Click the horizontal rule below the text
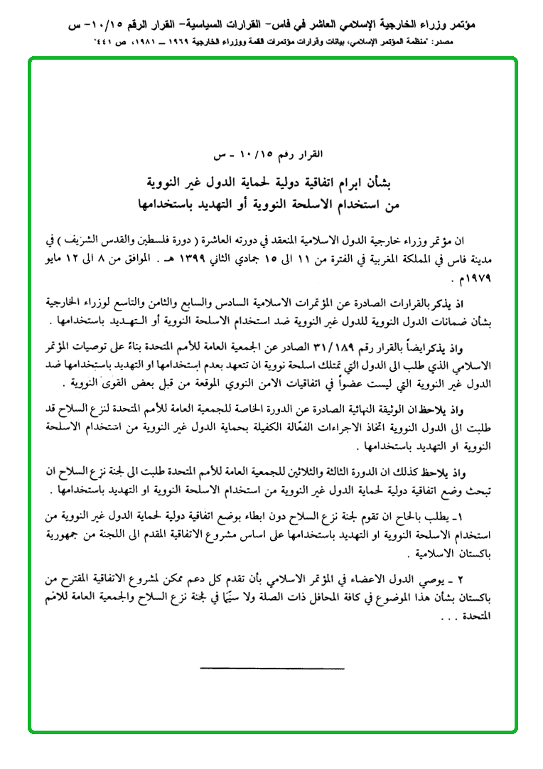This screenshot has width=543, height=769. tap(272, 667)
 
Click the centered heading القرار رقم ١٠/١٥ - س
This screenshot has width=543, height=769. tap(272, 156)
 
